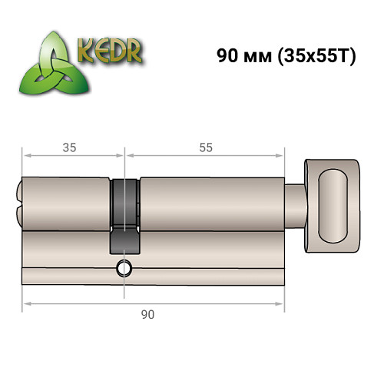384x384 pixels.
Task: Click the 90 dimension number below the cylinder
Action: click(149, 314)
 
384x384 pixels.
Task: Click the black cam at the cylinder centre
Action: click(124, 215)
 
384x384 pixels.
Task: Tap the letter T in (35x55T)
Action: click(344, 57)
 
